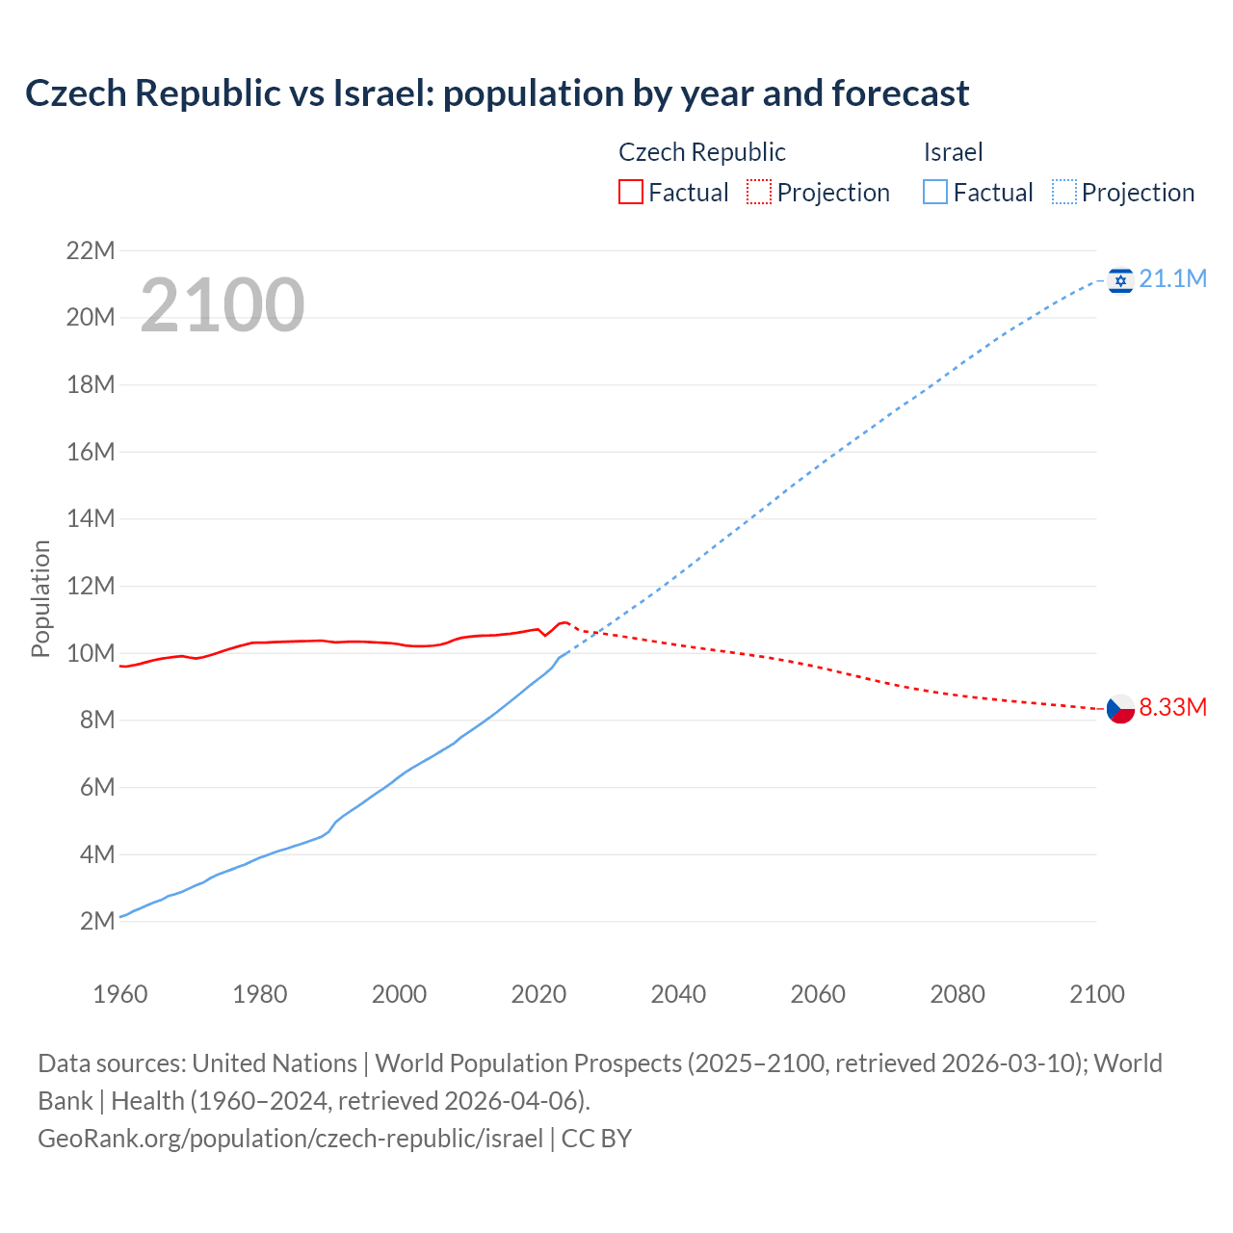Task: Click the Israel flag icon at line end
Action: tap(1119, 280)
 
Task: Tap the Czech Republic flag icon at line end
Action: tap(1119, 709)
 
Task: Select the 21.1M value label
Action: tap(1172, 279)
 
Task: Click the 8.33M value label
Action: tap(1172, 708)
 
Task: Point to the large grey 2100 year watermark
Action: tap(223, 306)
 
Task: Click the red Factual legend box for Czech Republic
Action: tap(630, 193)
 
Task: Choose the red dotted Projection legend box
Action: tap(759, 193)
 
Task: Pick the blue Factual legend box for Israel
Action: tap(935, 193)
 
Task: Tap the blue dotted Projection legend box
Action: tap(1064, 193)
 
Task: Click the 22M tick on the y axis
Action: tap(91, 251)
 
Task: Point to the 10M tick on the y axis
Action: tap(91, 654)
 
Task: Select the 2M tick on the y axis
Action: tap(97, 922)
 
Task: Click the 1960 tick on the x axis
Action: tap(120, 994)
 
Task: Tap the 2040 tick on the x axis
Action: tap(678, 994)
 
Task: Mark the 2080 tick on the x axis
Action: tap(958, 994)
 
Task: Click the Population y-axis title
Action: tap(40, 598)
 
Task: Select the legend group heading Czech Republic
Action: tap(701, 152)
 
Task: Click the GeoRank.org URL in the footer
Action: tap(290, 1139)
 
